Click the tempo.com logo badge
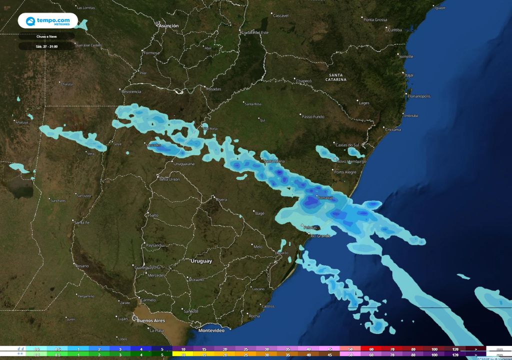tap(48, 21)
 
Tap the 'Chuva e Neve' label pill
tap(46, 36)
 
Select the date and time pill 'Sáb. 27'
tap(46, 46)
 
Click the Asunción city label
tap(168, 25)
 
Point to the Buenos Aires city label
tap(150, 320)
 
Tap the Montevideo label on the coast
tap(211, 330)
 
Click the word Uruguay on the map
tap(201, 261)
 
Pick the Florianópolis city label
tap(419, 96)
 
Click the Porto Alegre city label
tap(345, 172)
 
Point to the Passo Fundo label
tap(313, 116)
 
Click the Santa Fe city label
tap(81, 222)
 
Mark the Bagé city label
tap(259, 213)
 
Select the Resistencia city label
tap(131, 91)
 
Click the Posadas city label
tap(213, 89)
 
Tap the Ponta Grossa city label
tap(375, 19)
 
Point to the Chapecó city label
tap(304, 80)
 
